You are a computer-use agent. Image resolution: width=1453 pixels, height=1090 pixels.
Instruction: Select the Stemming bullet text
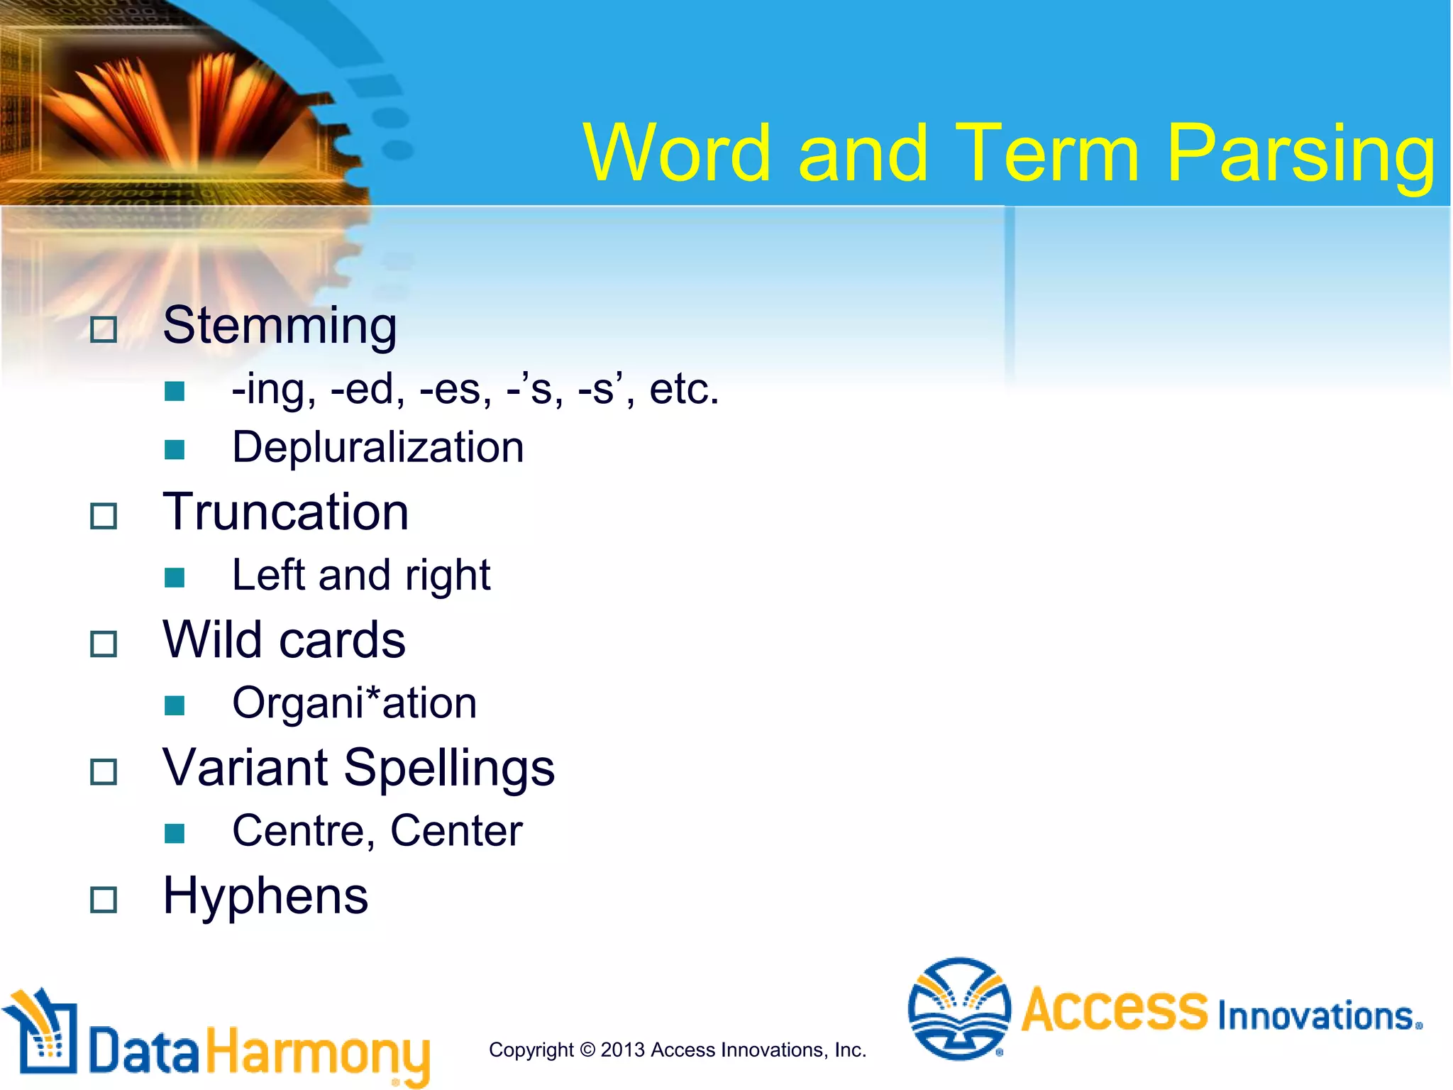(x=280, y=326)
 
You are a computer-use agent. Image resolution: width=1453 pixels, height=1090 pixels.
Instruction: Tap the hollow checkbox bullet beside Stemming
(x=104, y=330)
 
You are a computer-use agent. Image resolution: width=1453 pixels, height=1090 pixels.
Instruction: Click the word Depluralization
(x=378, y=448)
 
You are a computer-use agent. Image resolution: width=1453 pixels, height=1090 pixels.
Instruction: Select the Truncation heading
(x=285, y=512)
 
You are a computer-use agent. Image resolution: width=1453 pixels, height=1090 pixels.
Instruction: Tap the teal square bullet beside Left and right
(x=175, y=578)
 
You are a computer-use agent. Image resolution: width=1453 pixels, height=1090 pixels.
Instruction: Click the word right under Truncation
(x=448, y=576)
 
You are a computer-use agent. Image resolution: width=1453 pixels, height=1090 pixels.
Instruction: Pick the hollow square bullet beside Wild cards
(x=104, y=644)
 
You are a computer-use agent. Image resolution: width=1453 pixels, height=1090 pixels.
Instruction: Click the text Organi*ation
(x=354, y=703)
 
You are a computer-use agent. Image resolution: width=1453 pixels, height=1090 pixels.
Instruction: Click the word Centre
(x=298, y=831)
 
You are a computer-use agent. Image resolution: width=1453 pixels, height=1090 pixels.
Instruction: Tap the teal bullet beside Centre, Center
(x=175, y=833)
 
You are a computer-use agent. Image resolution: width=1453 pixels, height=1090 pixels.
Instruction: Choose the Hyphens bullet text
(x=265, y=896)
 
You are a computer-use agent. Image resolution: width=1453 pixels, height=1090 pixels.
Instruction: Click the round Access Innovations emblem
(x=959, y=1008)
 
